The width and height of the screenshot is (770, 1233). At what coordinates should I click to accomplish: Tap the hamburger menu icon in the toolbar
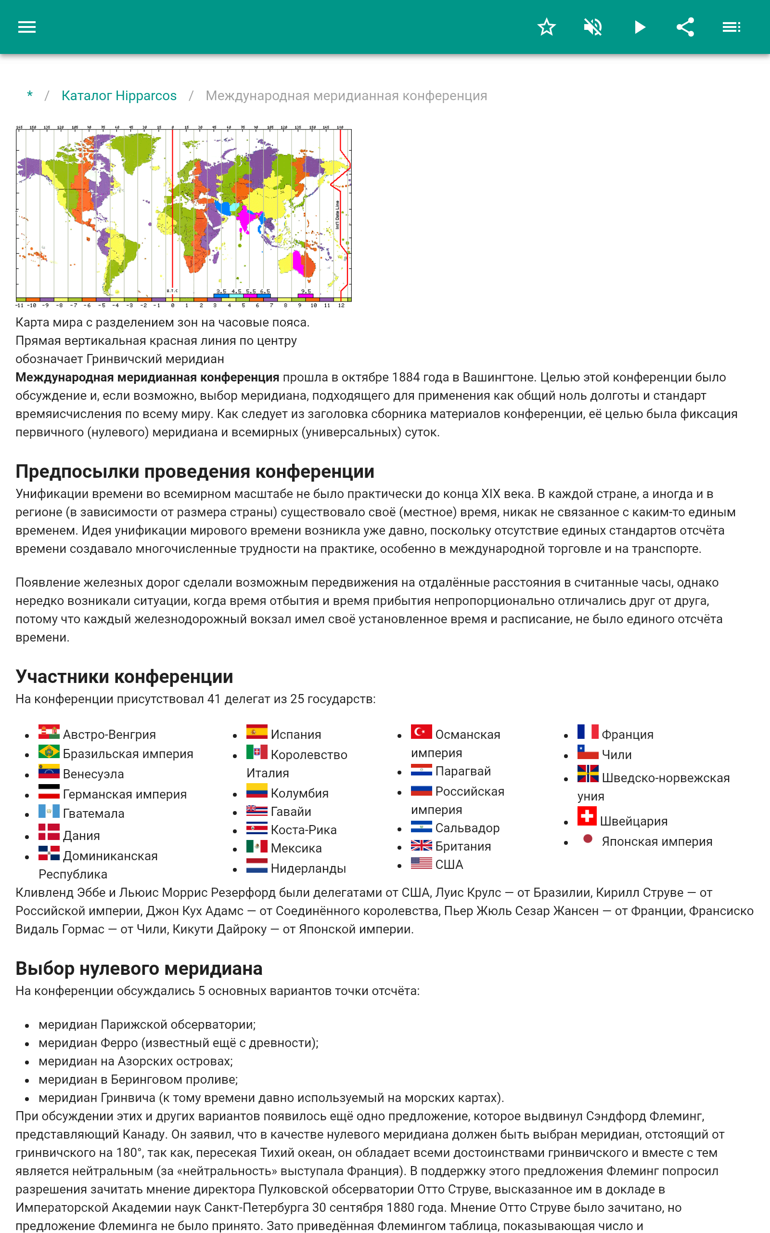tap(27, 27)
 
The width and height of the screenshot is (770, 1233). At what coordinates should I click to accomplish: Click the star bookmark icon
tap(546, 27)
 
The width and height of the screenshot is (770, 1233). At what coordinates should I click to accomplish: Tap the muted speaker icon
tap(593, 27)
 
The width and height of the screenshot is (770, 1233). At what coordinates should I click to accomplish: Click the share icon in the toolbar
tap(685, 27)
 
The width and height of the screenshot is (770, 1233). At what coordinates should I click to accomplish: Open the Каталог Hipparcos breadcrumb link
tap(119, 96)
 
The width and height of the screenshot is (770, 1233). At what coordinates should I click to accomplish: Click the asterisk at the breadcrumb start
tap(29, 95)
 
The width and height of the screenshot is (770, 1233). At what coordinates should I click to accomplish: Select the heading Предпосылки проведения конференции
tap(194, 472)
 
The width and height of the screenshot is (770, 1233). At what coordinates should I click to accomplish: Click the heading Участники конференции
tap(124, 677)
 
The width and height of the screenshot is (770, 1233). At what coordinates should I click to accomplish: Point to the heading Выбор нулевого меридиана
tap(139, 969)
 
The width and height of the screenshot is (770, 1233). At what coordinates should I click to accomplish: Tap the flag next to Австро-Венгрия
tap(49, 732)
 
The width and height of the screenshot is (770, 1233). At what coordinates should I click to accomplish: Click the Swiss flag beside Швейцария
tap(587, 816)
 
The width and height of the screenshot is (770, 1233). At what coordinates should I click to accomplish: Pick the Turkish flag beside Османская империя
tap(421, 732)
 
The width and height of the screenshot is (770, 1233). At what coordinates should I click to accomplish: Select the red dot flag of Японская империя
tap(588, 839)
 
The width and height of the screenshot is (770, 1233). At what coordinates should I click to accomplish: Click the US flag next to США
tap(421, 863)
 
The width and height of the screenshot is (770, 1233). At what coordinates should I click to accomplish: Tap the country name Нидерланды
tap(308, 869)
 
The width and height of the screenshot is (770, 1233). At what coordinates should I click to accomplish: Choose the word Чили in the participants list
tap(616, 755)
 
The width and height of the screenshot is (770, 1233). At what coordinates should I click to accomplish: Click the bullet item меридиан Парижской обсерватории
tap(147, 1024)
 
